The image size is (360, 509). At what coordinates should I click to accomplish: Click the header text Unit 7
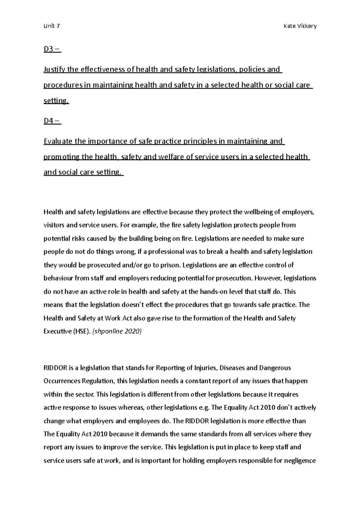[x=52, y=26]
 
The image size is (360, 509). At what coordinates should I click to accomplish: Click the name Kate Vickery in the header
[x=300, y=26]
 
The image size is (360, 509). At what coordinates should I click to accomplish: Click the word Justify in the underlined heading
[x=54, y=70]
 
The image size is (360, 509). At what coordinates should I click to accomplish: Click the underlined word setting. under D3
[x=56, y=101]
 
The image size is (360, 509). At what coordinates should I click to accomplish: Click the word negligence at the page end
[x=300, y=461]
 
